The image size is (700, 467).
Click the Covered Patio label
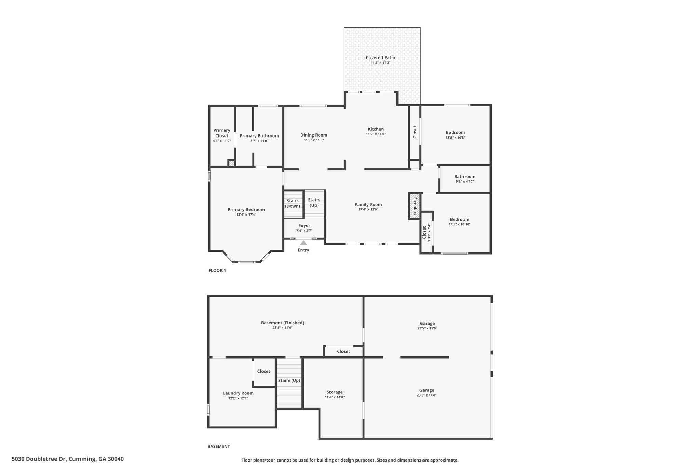click(380, 57)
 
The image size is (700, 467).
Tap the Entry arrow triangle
click(303, 243)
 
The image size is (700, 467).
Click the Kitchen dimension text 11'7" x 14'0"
click(376, 134)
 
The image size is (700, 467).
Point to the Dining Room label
click(314, 135)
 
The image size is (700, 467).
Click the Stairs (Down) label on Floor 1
click(293, 203)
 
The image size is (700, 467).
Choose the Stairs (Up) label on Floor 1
click(314, 202)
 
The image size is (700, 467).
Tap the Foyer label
click(304, 225)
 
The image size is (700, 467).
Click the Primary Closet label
click(222, 133)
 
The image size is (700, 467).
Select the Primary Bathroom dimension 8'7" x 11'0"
click(259, 141)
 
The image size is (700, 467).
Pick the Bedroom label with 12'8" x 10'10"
click(459, 219)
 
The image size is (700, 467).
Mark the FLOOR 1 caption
click(217, 270)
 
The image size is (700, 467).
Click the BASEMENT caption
click(218, 446)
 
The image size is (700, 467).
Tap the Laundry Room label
click(238, 393)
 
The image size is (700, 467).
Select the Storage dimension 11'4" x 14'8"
click(334, 397)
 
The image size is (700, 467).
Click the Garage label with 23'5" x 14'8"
click(427, 390)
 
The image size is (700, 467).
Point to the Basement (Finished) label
click(282, 323)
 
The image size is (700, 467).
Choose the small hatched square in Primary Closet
click(231, 164)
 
